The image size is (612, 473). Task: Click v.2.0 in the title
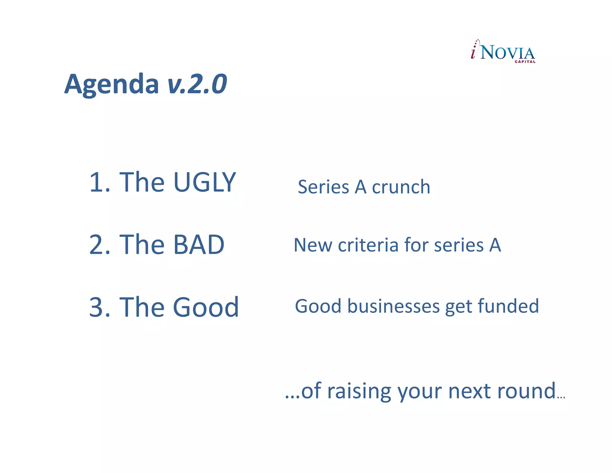pyautogui.click(x=197, y=85)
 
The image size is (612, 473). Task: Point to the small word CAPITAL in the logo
pyautogui.click(x=525, y=62)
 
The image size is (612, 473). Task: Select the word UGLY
pyautogui.click(x=205, y=182)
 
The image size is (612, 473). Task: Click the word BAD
pyautogui.click(x=198, y=245)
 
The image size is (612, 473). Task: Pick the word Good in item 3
pyautogui.click(x=206, y=307)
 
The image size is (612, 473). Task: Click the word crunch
pyautogui.click(x=401, y=187)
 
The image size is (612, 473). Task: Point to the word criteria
pyautogui.click(x=368, y=245)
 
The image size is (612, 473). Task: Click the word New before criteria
pyautogui.click(x=313, y=245)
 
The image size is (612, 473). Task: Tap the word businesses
pyautogui.click(x=394, y=306)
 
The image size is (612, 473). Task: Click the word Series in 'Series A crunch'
pyautogui.click(x=323, y=187)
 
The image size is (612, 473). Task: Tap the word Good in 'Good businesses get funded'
pyautogui.click(x=318, y=306)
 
